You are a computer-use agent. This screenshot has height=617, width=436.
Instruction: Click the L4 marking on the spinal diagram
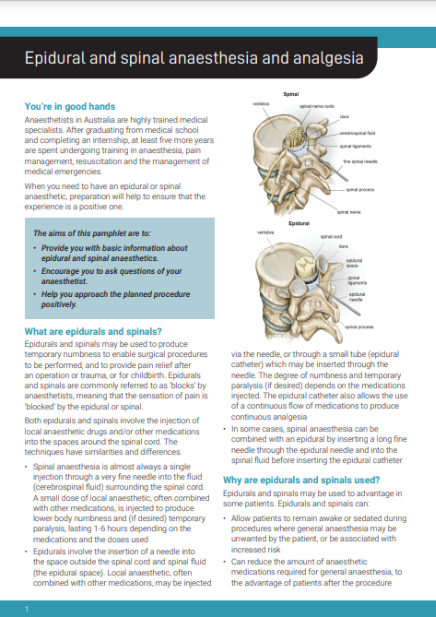coord(309,163)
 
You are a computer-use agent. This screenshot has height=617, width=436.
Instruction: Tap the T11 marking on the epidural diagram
coord(314,304)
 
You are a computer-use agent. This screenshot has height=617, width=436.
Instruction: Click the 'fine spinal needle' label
coord(360,161)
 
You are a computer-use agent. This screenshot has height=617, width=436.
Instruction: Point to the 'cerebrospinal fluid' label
coord(357,133)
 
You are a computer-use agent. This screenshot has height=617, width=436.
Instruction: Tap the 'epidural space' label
coord(354,263)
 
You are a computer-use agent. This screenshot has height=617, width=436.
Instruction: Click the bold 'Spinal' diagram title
coord(291,94)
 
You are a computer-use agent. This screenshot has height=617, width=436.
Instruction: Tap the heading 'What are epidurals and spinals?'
coord(93,332)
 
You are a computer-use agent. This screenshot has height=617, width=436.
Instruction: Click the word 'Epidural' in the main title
coord(55,58)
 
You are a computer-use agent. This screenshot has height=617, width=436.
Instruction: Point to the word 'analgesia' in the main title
coord(328,58)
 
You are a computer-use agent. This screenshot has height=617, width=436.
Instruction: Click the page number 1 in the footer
coord(27,609)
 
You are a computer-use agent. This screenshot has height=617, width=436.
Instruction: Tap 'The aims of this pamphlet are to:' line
coord(92,233)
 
